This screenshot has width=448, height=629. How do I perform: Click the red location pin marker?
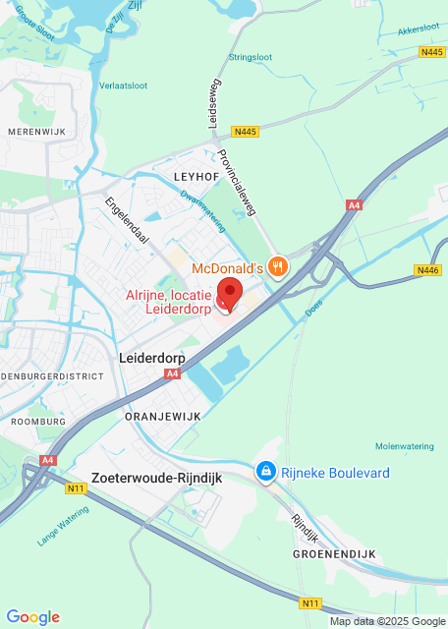pyautogui.click(x=229, y=293)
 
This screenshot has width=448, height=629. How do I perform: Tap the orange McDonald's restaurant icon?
pyautogui.click(x=279, y=266)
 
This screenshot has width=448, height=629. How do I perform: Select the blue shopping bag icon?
pyautogui.click(x=264, y=473)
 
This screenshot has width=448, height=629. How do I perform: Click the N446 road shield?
pyautogui.click(x=428, y=270)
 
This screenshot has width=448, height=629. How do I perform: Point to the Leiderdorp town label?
pyautogui.click(x=151, y=359)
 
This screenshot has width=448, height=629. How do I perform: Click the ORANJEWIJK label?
pyautogui.click(x=163, y=417)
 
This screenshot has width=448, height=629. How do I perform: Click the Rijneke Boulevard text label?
pyautogui.click(x=335, y=473)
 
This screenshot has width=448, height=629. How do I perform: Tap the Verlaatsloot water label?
pyautogui.click(x=124, y=86)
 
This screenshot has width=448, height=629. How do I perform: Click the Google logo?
pyautogui.click(x=32, y=616)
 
